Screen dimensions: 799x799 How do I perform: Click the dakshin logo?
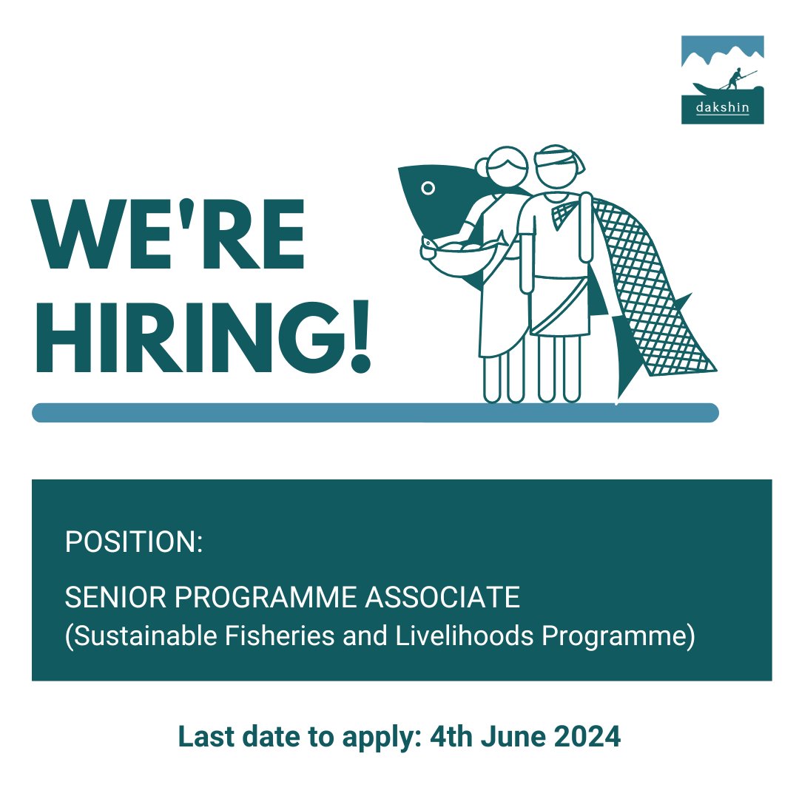722,80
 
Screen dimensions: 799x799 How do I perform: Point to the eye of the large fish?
427,189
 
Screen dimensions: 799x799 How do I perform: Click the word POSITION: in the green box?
133,542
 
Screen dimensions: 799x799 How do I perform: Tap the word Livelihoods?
460,637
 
